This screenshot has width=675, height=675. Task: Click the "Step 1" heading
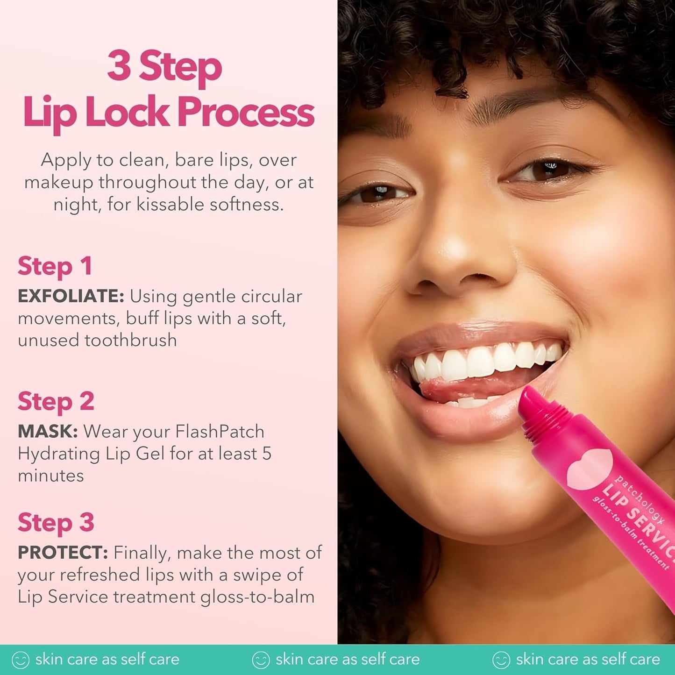point(55,267)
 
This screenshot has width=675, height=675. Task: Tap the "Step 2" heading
point(56,402)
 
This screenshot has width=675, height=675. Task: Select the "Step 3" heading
point(56,523)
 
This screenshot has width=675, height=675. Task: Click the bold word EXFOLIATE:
point(71,296)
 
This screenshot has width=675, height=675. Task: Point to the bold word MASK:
point(48,431)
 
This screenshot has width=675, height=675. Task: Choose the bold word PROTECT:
point(63,553)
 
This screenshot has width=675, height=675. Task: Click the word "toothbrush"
point(130,340)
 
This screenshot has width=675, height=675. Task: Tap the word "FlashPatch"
point(220,431)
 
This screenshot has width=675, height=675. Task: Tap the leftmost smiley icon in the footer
point(20,660)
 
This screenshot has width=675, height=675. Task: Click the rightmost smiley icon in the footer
point(501,660)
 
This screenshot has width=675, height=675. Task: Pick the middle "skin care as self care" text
point(347,659)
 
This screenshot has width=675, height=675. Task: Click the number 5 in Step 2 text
point(266,454)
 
